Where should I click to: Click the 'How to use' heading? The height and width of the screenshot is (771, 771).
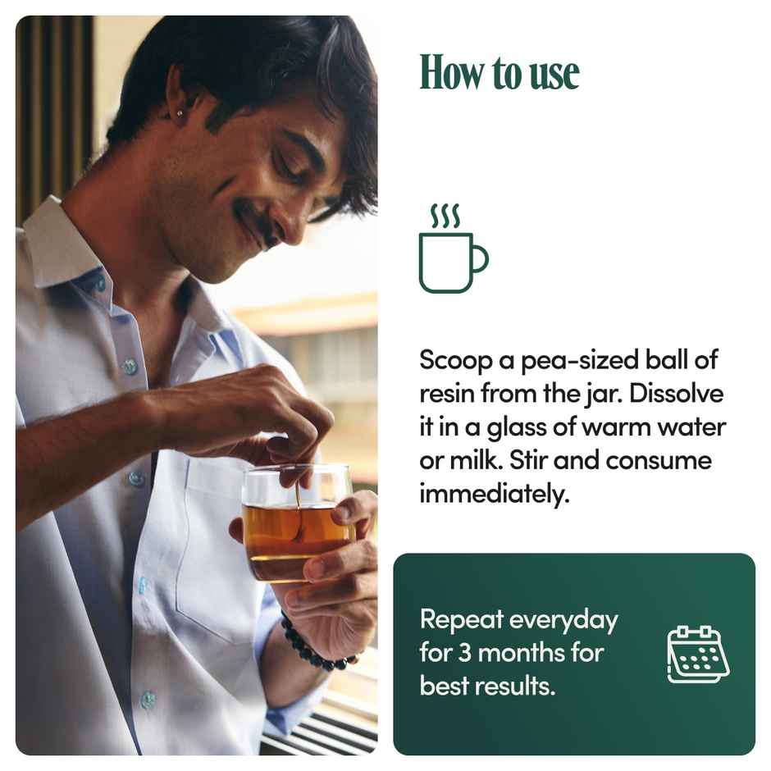[x=499, y=73]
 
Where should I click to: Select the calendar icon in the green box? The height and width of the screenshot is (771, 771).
[x=698, y=655]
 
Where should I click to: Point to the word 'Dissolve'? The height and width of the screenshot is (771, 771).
[x=676, y=394]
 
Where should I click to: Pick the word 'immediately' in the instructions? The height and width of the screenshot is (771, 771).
[x=494, y=494]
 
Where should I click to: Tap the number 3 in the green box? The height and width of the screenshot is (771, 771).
[x=465, y=653]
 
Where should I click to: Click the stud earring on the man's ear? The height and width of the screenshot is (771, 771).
[x=180, y=115]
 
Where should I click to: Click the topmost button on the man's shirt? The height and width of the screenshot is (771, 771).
[x=100, y=284]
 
